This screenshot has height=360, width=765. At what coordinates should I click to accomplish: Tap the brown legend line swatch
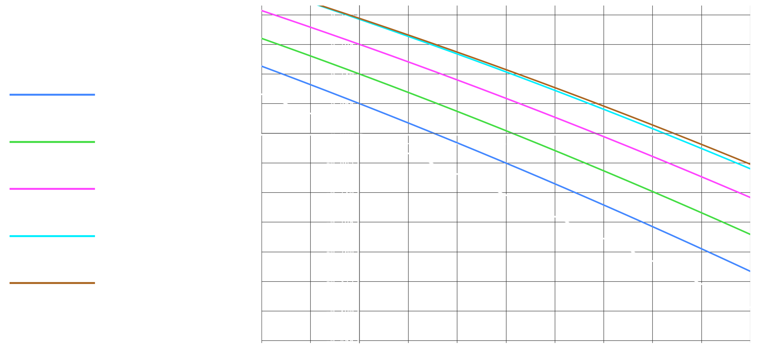(52, 283)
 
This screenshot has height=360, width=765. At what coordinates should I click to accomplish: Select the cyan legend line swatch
(52, 236)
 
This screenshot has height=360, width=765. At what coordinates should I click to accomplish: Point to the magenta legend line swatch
(52, 189)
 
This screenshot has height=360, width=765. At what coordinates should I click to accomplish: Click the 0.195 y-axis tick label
(342, 45)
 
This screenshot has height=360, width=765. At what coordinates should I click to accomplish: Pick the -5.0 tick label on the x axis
(262, 142)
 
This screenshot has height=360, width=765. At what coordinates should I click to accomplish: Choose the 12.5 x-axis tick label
(604, 142)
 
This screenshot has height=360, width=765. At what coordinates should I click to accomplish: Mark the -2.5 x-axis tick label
(310, 142)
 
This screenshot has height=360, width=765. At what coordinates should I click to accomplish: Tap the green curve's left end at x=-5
(262, 38)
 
